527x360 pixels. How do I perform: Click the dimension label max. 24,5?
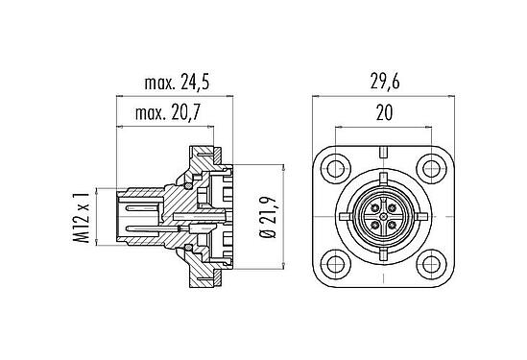tap(177, 83)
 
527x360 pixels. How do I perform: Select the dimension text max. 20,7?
tap(168, 112)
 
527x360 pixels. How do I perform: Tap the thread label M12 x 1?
tap(82, 218)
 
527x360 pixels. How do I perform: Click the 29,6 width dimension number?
tap(385, 83)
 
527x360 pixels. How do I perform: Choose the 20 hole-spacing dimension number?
tap(384, 112)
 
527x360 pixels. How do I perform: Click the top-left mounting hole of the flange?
tap(336, 169)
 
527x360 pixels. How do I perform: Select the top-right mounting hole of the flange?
tap(432, 169)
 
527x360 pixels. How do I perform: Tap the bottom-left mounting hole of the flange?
tap(336, 264)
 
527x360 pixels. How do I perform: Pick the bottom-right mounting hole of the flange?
tap(432, 264)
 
